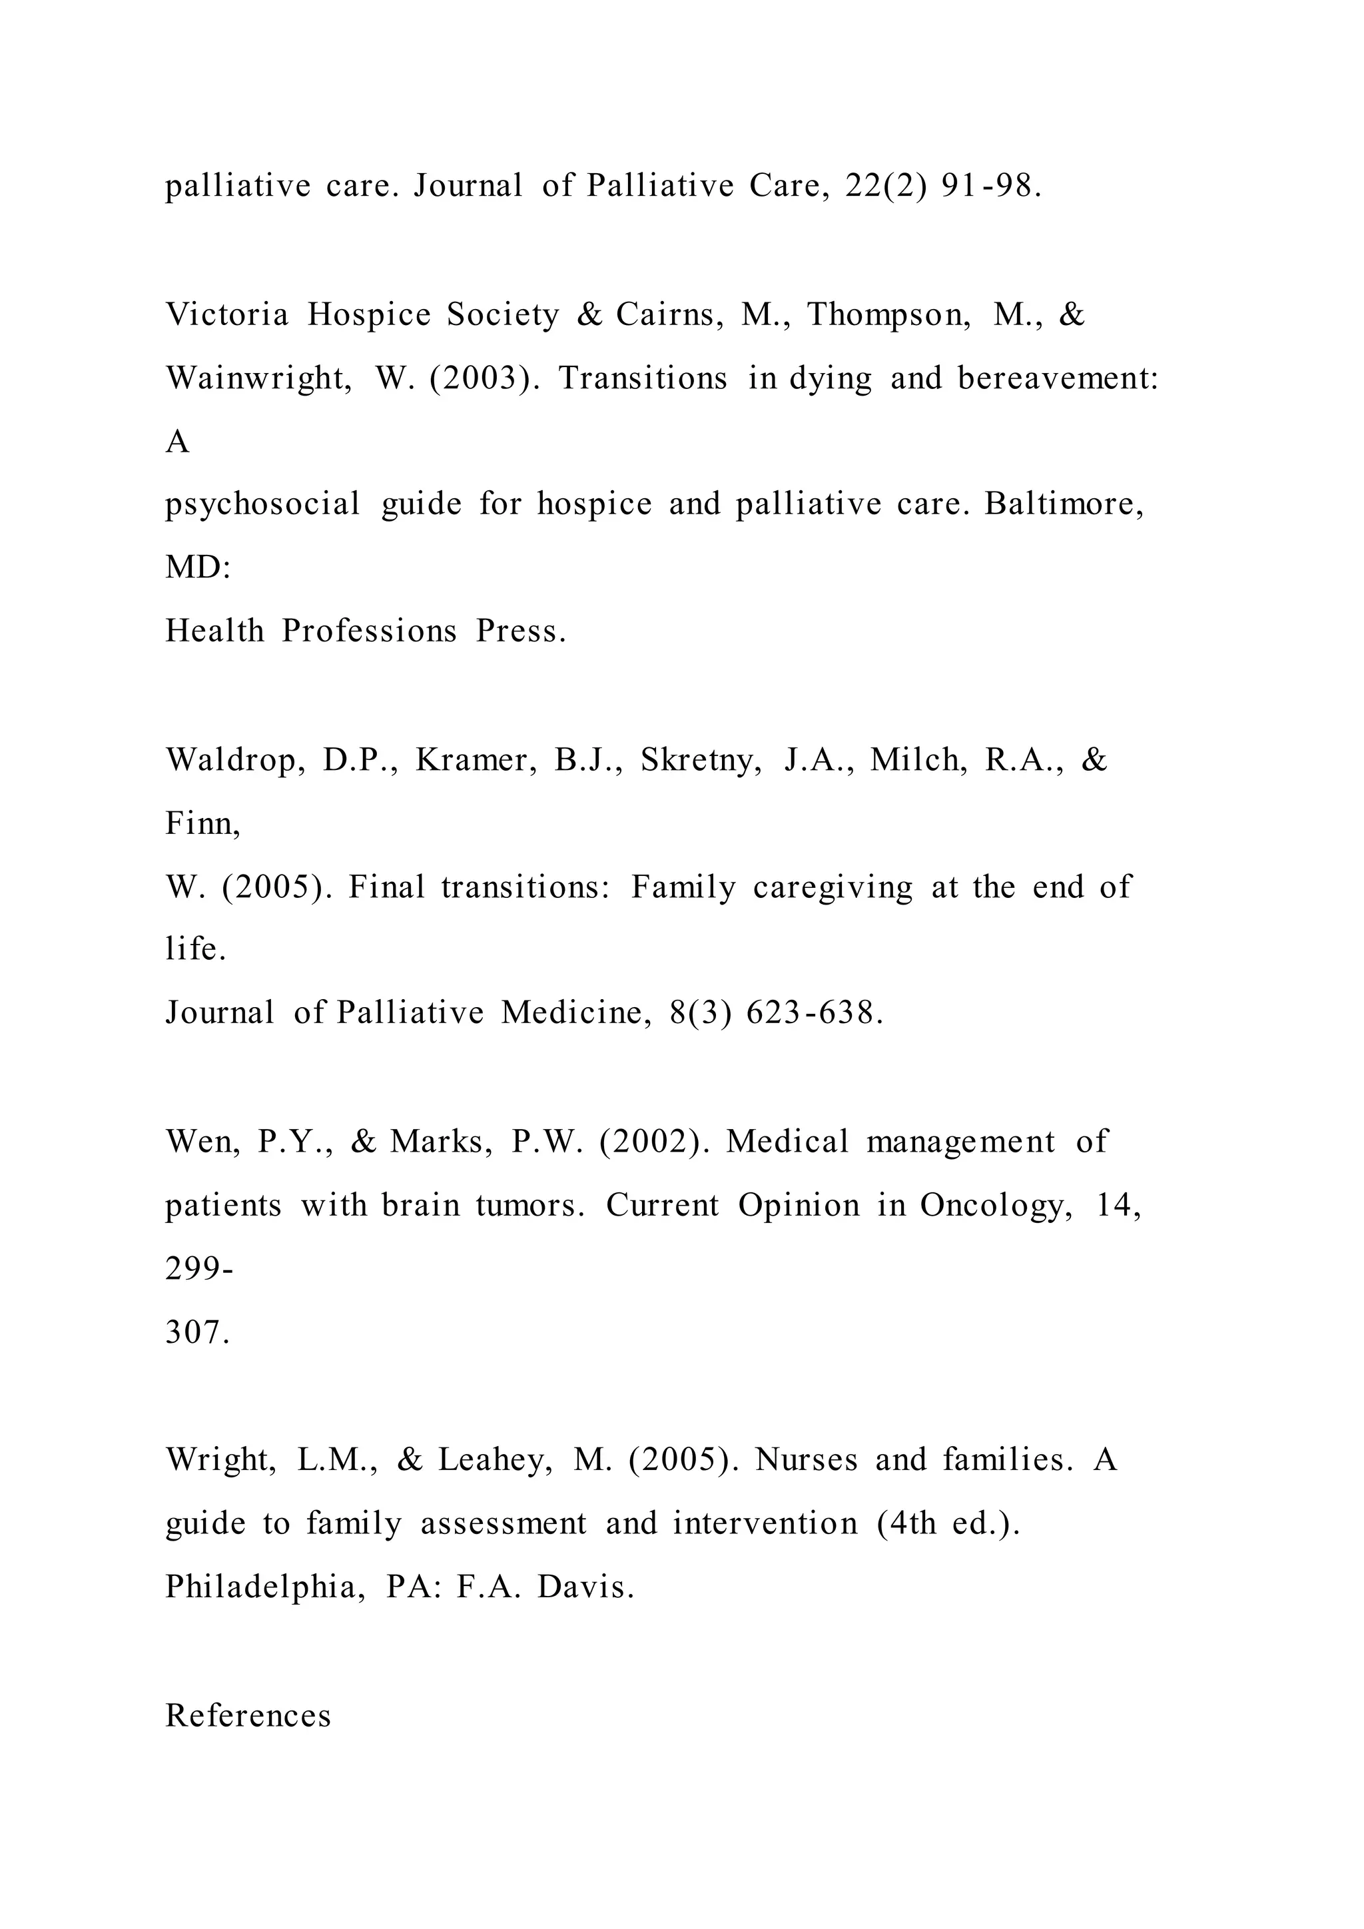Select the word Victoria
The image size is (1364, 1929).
point(226,315)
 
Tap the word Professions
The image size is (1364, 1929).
point(369,631)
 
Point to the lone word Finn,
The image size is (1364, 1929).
point(203,823)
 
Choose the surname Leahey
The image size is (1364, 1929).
point(495,1460)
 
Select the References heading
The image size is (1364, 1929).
point(248,1716)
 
